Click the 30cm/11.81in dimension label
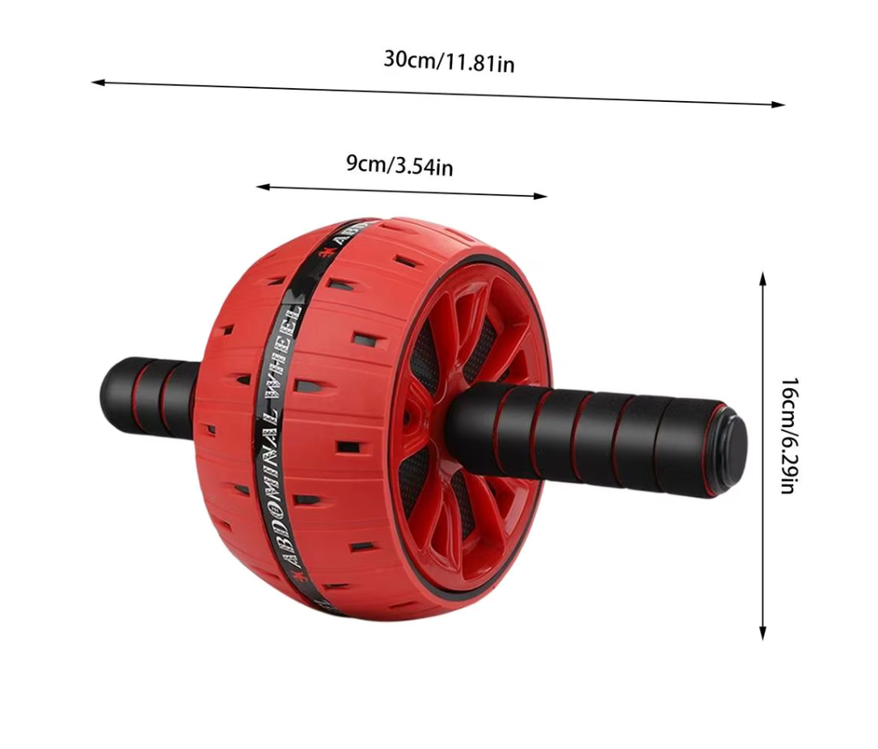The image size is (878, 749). [x=449, y=61]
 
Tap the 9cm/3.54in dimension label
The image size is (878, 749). [x=399, y=165]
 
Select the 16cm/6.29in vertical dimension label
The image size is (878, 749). [x=788, y=436]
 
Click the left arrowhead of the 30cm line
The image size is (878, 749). [x=98, y=83]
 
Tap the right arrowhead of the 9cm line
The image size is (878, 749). [x=540, y=196]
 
